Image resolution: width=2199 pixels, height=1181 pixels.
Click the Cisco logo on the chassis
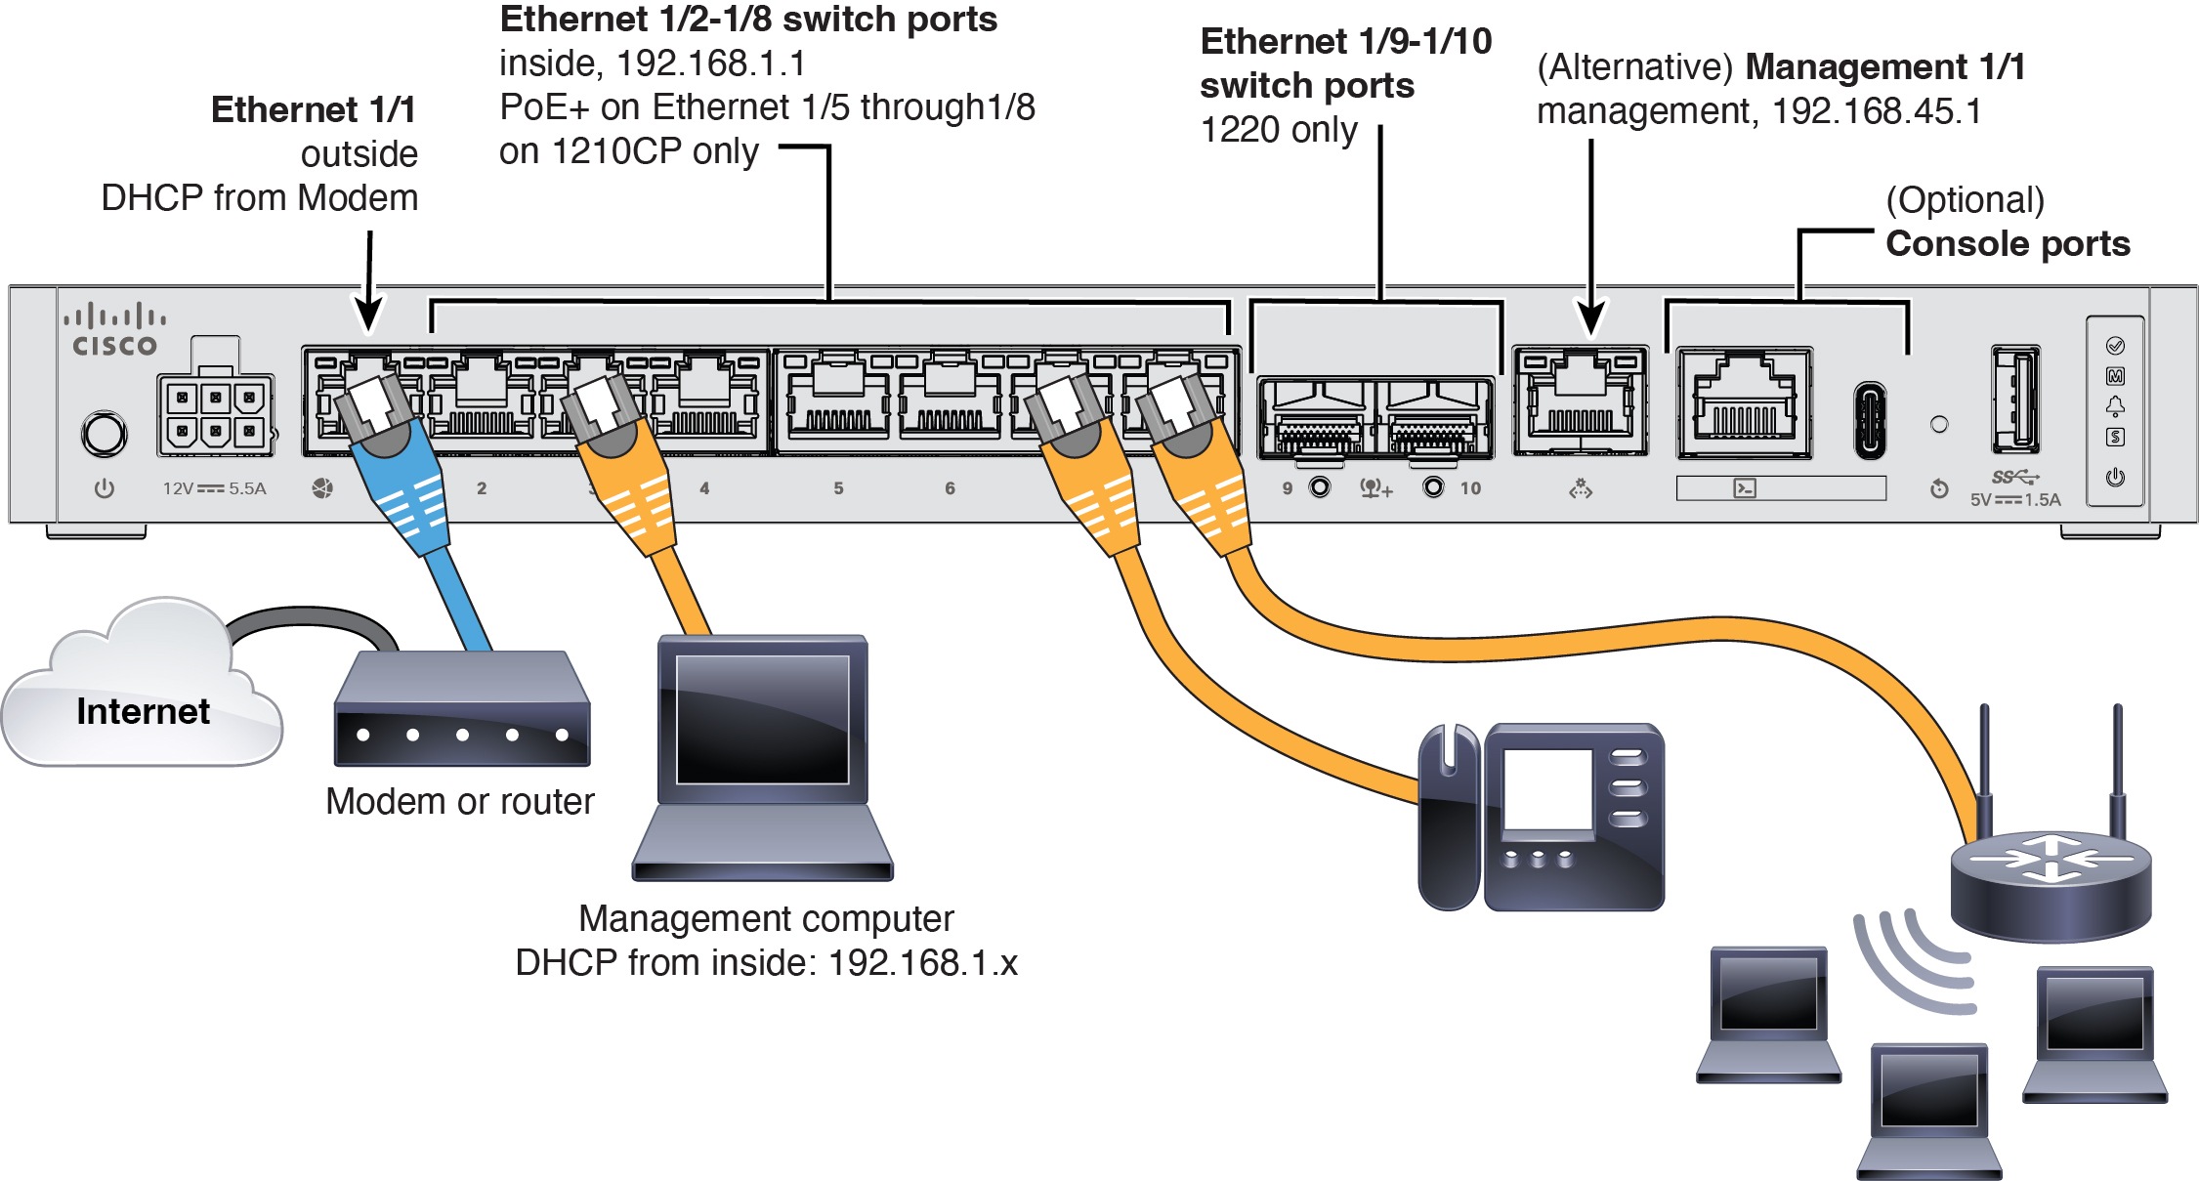[114, 330]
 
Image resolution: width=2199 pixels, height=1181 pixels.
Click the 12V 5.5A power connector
[215, 414]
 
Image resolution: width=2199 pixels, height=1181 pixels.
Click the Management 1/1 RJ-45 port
[1580, 402]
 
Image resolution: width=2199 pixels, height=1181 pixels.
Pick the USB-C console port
[1869, 420]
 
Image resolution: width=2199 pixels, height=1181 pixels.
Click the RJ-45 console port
[1745, 402]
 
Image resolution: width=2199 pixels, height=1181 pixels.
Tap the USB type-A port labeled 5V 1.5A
[2014, 400]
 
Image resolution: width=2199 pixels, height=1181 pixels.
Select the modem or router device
[462, 711]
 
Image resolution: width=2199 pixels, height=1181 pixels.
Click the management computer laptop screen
[762, 718]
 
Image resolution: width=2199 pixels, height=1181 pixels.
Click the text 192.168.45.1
[1877, 111]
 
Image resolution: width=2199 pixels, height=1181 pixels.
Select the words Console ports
[2007, 243]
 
